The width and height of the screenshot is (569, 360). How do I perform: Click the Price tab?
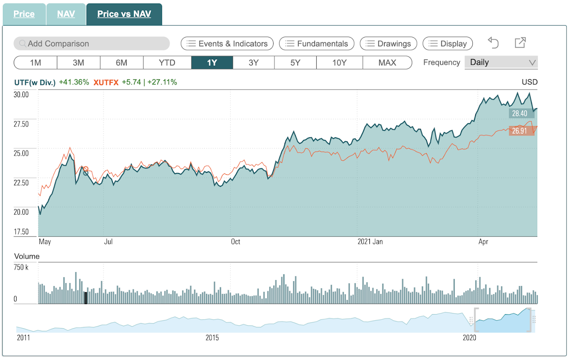click(24, 14)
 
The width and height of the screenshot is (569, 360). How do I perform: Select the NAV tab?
click(66, 14)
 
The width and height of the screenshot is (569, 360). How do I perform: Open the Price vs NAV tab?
click(124, 14)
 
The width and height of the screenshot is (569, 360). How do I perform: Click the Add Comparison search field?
click(92, 43)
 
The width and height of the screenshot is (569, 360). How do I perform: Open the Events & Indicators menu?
click(227, 43)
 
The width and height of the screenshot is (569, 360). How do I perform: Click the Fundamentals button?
click(317, 43)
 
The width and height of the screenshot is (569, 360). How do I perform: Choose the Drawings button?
click(389, 43)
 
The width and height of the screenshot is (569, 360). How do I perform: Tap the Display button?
click(447, 43)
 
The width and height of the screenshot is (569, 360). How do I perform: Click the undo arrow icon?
click(493, 43)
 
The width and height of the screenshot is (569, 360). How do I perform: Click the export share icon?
click(520, 42)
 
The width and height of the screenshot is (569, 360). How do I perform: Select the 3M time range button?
click(78, 63)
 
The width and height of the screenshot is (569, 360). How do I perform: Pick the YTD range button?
click(167, 63)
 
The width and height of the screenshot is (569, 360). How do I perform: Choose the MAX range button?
click(387, 63)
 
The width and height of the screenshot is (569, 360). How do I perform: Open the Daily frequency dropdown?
click(501, 62)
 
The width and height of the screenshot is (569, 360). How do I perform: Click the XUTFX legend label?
click(106, 82)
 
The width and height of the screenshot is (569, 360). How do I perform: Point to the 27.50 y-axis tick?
click(21, 124)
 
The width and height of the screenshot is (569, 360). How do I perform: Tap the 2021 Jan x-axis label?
click(370, 241)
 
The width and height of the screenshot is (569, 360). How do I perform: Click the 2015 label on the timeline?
click(212, 338)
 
